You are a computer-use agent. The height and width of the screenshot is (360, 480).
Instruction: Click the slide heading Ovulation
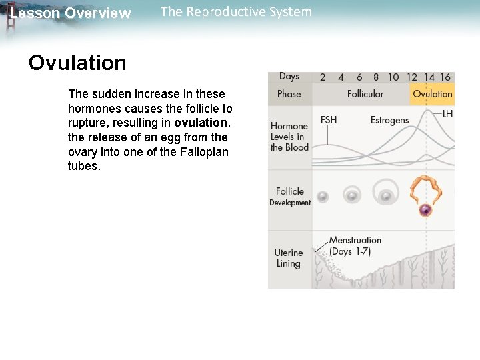[77, 63]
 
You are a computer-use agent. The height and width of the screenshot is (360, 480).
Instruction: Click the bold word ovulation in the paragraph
[200, 123]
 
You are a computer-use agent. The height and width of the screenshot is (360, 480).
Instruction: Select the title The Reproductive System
[236, 12]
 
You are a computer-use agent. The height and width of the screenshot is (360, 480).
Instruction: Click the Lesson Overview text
[70, 13]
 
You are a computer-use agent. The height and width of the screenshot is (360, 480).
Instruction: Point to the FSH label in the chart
[329, 120]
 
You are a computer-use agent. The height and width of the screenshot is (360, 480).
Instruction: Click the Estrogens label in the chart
[389, 120]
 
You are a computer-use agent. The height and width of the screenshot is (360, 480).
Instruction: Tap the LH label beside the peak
[447, 115]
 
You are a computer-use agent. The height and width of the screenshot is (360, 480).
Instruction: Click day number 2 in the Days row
[323, 77]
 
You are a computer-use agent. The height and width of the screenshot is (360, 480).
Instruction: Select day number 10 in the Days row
[393, 77]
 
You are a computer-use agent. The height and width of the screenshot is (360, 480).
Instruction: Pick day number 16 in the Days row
[445, 77]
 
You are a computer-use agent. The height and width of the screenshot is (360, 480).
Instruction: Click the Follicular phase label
[365, 94]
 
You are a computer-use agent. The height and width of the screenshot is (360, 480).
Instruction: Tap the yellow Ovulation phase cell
[432, 94]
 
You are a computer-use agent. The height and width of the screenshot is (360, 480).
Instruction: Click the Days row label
[289, 77]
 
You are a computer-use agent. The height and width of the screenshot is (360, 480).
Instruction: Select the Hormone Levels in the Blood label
[289, 136]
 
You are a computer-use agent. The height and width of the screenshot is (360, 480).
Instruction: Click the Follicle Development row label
[289, 196]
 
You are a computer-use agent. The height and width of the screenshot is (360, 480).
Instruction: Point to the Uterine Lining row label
[288, 258]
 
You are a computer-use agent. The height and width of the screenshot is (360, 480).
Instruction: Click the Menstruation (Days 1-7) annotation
[355, 245]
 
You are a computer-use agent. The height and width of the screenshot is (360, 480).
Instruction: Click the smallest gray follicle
[323, 197]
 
